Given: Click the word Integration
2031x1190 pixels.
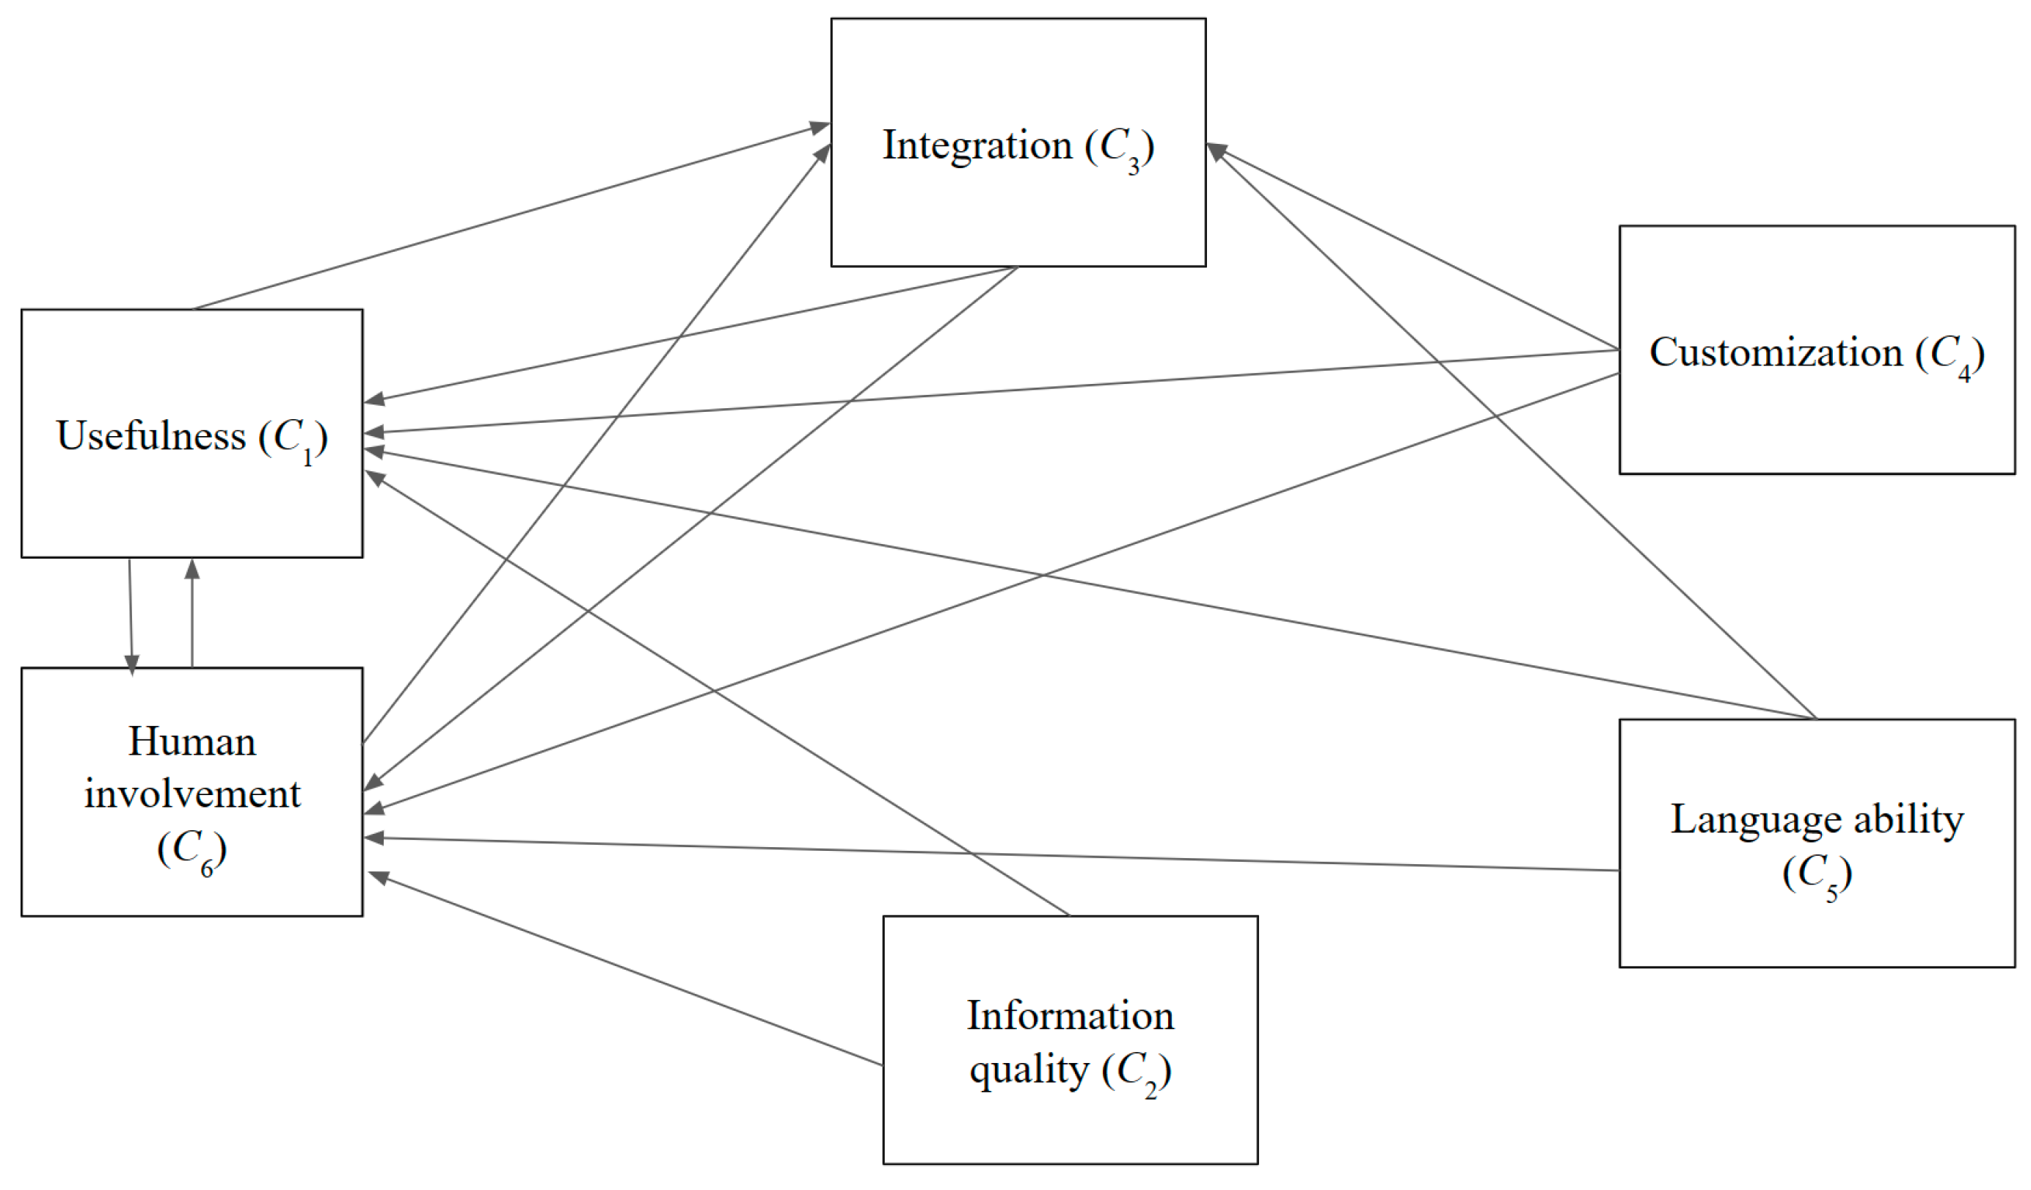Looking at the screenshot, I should tap(977, 146).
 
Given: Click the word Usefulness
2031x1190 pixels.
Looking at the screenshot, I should tap(150, 436).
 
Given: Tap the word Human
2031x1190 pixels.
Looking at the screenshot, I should tap(192, 741).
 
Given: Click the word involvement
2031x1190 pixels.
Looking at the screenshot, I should tap(192, 794).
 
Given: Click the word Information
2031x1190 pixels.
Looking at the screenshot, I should tap(1071, 1016).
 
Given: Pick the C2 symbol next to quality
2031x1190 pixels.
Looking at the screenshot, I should tap(1137, 1073).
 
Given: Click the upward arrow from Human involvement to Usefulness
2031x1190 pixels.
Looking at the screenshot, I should tap(192, 613).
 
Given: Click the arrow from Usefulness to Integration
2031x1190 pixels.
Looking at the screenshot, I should tap(508, 218).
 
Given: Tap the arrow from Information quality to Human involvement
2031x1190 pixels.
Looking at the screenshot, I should tap(629, 970).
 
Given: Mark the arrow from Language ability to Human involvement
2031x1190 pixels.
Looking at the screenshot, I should tap(991, 855).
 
